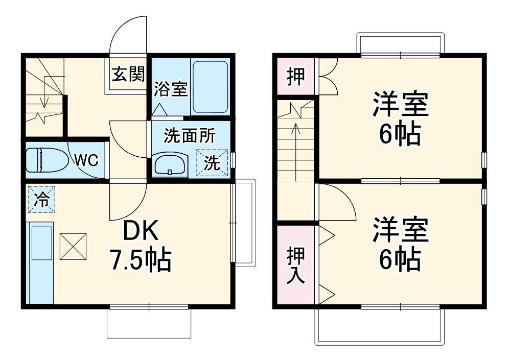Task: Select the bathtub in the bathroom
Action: click(210, 88)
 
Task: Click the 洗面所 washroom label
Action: click(189, 136)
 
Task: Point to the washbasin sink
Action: click(170, 165)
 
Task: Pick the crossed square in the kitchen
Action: click(74, 246)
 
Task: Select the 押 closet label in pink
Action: click(295, 76)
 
